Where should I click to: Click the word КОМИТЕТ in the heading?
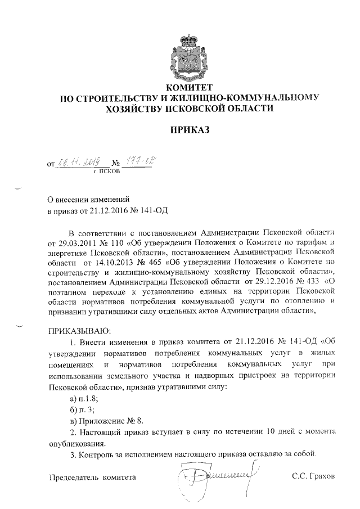[x=189, y=88]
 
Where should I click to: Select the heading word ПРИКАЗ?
[x=189, y=130]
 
